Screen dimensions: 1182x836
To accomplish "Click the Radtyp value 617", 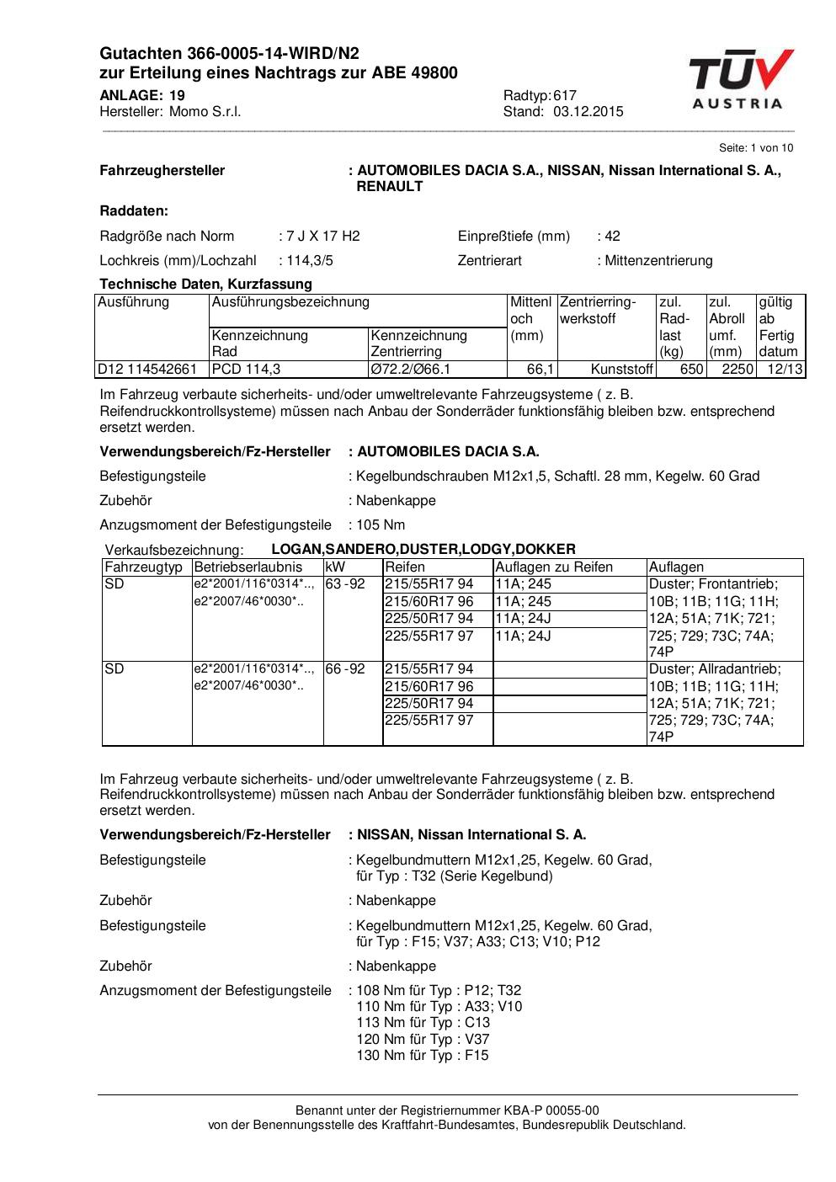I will coord(565,95).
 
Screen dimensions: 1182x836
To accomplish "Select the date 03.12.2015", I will coord(588,112).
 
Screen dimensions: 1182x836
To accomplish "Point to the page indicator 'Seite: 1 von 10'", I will coord(756,148).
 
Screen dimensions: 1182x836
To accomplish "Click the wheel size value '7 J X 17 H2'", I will coord(323,237).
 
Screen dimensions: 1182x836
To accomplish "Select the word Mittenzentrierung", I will coord(658,261).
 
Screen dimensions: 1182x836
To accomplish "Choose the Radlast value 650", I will coord(691,369).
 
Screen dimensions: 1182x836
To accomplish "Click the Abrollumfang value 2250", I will coord(737,369).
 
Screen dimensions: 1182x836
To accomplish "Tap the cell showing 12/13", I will coord(785,369).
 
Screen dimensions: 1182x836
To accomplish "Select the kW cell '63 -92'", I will coord(345,584).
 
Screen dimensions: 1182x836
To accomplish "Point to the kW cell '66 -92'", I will coord(345,669).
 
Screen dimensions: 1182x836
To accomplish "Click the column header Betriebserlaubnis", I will coord(248,567).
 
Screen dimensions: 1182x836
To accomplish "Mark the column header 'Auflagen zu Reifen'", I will coord(554,567).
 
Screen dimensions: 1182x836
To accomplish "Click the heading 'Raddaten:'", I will coord(134,211).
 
